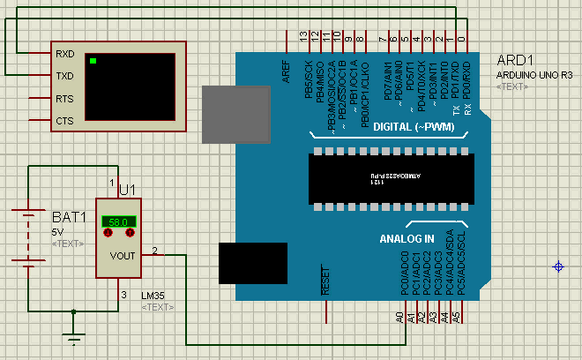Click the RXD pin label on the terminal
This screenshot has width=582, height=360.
[x=65, y=54]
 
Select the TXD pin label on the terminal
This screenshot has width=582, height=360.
[x=65, y=76]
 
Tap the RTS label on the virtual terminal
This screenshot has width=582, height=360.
[x=65, y=99]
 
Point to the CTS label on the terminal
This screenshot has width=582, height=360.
[x=65, y=121]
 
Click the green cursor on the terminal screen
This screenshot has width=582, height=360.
[x=93, y=61]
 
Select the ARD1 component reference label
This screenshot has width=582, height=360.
[x=516, y=61]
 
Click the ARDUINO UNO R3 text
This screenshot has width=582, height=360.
[x=535, y=76]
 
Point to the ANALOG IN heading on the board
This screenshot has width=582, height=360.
[x=407, y=239]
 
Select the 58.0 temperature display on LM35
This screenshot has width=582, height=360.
[x=119, y=221]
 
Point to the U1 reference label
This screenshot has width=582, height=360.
[x=127, y=190]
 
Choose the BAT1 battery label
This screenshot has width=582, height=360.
[x=69, y=217]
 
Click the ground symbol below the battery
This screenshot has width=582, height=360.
[x=77, y=336]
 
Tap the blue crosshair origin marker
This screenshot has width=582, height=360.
[x=558, y=266]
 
